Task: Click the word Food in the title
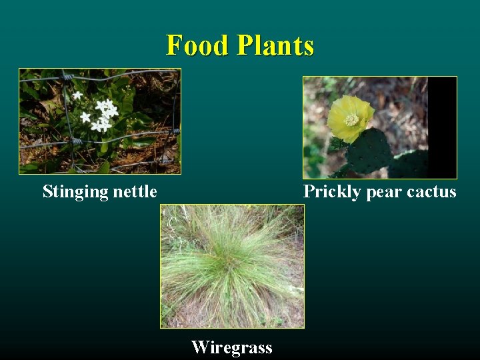pyautogui.click(x=197, y=45)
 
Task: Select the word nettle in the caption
pyautogui.click(x=135, y=192)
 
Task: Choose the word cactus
pyautogui.click(x=431, y=192)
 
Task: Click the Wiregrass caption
pyautogui.click(x=232, y=347)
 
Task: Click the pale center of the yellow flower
pyautogui.click(x=352, y=120)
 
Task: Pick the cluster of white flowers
pyautogui.click(x=103, y=115)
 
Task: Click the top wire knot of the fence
pyautogui.click(x=67, y=77)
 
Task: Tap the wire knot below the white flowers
pyautogui.click(x=76, y=141)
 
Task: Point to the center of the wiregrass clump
pyautogui.click(x=230, y=263)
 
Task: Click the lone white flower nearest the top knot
pyautogui.click(x=78, y=95)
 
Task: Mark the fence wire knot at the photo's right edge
pyautogui.click(x=176, y=132)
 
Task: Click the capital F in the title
pyautogui.click(x=175, y=45)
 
